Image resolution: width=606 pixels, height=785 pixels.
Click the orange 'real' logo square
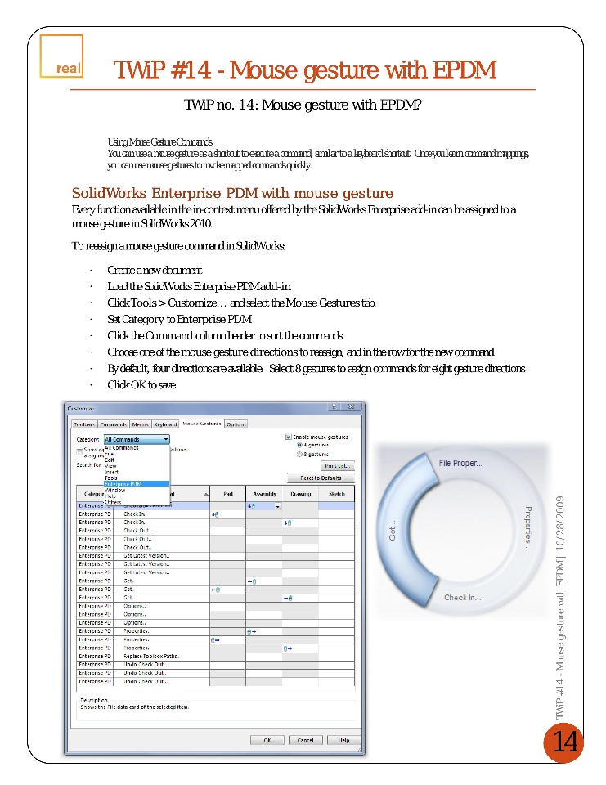pos(61,58)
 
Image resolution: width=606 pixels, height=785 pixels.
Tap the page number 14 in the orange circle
pos(564,742)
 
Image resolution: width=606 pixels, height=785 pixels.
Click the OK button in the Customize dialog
pos(267,740)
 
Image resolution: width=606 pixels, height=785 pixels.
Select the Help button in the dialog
pos(343,740)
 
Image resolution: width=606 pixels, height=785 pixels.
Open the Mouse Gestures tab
pos(201,424)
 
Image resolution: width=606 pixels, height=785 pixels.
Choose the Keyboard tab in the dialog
pos(165,424)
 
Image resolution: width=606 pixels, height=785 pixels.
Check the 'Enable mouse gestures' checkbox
pos(289,437)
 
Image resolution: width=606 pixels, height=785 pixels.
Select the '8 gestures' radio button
pos(299,454)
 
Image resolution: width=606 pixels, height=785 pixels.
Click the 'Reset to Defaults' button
pos(321,478)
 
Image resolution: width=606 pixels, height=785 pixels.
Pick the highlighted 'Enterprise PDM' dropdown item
pos(125,483)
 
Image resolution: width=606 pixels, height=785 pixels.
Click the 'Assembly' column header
pos(264,494)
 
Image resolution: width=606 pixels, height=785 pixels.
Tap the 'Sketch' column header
pos(336,494)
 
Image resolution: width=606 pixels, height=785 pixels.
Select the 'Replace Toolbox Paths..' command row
pos(151,656)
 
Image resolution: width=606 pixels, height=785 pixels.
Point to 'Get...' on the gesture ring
pos(392,532)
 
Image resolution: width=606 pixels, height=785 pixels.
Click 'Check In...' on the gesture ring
pos(462,598)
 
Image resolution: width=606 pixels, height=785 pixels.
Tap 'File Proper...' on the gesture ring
pos(460,463)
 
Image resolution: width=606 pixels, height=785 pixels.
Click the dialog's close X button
pos(351,407)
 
